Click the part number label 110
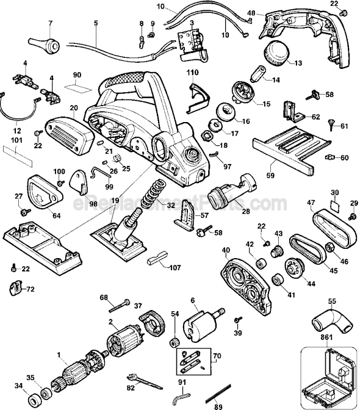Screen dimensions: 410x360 (193, 73)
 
